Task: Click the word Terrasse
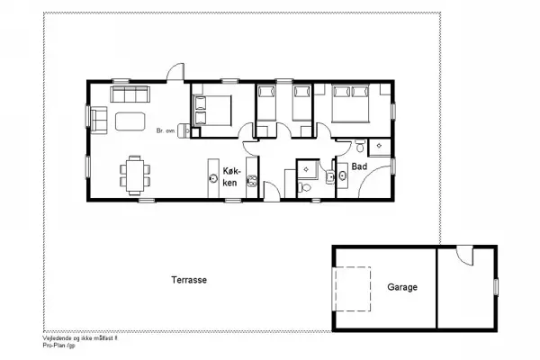[189, 280]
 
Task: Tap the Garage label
[402, 288]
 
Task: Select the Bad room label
[359, 166]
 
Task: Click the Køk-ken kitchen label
[230, 175]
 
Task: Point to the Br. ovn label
[165, 130]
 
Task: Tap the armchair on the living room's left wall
[99, 119]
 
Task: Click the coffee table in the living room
[131, 121]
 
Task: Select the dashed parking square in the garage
[353, 289]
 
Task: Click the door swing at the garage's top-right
[464, 256]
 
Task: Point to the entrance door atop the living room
[174, 74]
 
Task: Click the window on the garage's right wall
[496, 285]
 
